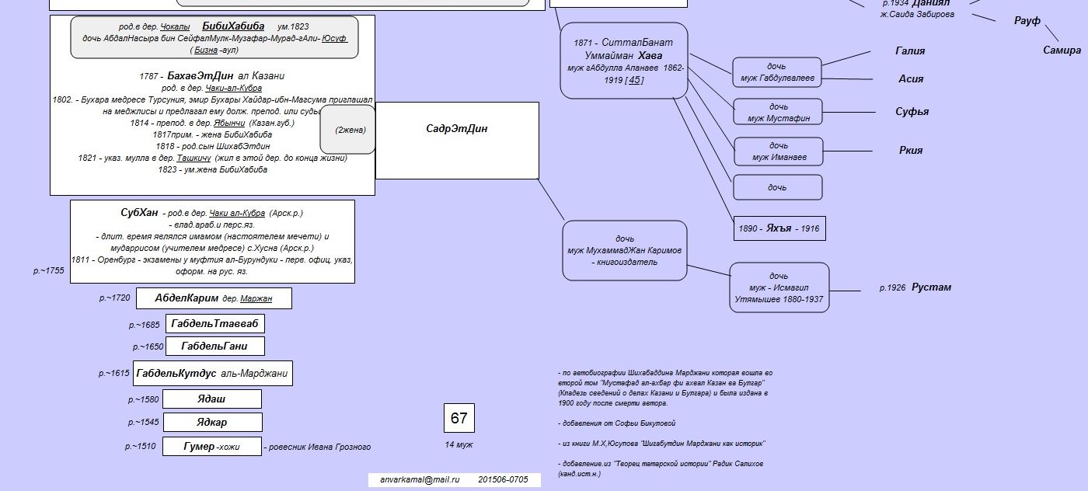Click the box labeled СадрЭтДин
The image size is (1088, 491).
457,140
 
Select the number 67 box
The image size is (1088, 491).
459,418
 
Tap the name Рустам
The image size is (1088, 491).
931,287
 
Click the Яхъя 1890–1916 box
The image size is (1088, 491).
779,228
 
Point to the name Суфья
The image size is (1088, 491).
912,112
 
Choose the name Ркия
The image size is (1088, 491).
911,151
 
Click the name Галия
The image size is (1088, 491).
910,51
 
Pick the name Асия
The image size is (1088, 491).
911,78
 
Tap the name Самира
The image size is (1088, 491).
1062,50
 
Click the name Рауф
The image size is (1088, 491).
1027,21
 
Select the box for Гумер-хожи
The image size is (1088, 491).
212,447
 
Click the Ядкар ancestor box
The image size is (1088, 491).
212,423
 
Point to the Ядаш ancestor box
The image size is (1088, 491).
211,399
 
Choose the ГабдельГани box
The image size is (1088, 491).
215,346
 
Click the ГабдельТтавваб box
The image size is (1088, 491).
215,323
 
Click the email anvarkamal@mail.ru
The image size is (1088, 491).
420,480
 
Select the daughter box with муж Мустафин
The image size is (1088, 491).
778,112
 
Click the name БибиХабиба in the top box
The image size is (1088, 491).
232,26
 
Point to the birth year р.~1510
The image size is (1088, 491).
141,447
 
